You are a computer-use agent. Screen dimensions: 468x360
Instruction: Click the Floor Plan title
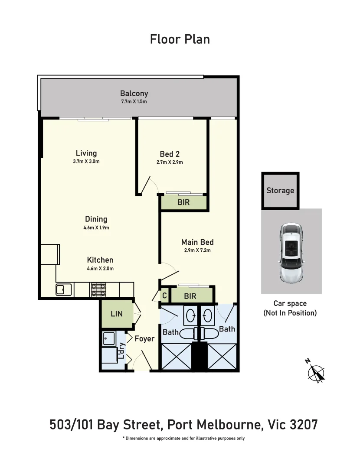[x=180, y=39]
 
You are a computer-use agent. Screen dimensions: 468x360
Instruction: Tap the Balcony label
[x=134, y=93]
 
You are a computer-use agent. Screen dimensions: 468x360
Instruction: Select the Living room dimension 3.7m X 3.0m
[x=86, y=162]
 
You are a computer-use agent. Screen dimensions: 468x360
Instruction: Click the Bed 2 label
[x=170, y=154]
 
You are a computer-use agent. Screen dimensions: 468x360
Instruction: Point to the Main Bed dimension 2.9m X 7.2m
[x=197, y=250]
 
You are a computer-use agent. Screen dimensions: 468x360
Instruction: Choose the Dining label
[x=96, y=219]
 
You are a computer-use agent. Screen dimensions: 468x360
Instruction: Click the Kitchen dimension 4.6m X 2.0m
[x=100, y=268]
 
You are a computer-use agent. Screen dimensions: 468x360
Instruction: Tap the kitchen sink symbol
[x=63, y=289]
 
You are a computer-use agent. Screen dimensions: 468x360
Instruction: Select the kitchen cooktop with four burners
[x=98, y=289]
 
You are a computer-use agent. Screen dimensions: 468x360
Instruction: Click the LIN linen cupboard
[x=116, y=314]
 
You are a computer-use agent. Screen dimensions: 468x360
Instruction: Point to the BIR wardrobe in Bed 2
[x=183, y=202]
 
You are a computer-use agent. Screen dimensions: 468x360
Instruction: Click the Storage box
[x=280, y=191]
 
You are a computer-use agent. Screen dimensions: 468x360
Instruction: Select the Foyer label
[x=144, y=338]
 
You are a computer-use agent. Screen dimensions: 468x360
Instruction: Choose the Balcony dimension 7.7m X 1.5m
[x=134, y=101]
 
